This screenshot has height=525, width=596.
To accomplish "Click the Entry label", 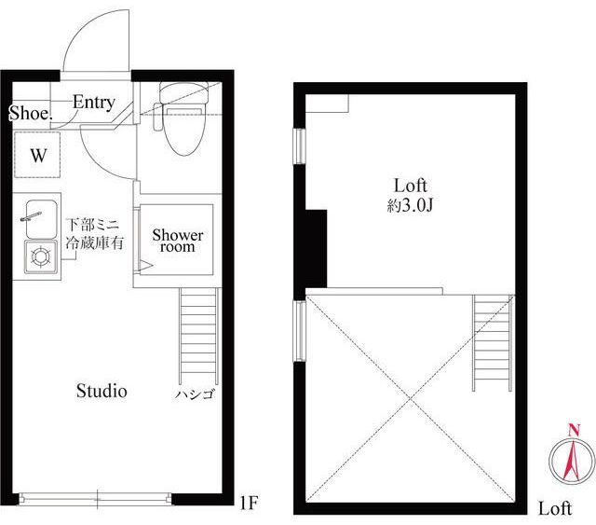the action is [94, 102].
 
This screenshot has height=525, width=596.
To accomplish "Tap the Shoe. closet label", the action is [31, 113].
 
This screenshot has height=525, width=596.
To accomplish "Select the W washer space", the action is [37, 154].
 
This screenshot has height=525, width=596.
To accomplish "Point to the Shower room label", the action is [178, 241].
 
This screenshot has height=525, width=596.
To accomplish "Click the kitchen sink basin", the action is [41, 219].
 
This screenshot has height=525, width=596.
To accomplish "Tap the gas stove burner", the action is [41, 256].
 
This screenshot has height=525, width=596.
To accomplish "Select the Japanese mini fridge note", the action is [95, 233].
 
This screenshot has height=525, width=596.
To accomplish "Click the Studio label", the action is [102, 391].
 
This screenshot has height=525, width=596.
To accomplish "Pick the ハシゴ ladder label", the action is [195, 394].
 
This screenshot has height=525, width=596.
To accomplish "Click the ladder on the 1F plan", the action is [199, 336].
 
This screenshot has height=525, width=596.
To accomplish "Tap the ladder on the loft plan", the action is [493, 342].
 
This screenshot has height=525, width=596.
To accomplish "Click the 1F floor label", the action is [250, 503].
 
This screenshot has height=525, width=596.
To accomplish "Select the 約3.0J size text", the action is [410, 205].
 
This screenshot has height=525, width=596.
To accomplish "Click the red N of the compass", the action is [574, 431].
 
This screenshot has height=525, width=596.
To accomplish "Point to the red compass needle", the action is [572, 459].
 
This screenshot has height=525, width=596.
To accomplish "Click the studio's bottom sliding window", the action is [95, 499].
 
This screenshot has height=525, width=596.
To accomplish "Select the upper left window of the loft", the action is [300, 146].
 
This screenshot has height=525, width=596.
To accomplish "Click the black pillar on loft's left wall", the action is [317, 249].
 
